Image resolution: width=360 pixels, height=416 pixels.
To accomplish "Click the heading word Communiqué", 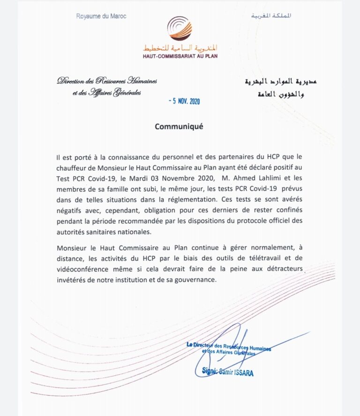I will [180, 127].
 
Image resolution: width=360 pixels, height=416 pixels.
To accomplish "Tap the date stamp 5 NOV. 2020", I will [184, 101].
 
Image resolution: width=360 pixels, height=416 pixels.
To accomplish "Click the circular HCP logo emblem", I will [180, 29].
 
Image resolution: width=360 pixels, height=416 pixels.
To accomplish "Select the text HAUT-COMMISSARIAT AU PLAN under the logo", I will [180, 56].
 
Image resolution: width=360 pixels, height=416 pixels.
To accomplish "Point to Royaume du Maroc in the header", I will [101, 16].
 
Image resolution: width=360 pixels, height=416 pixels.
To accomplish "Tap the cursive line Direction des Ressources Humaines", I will [107, 81].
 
